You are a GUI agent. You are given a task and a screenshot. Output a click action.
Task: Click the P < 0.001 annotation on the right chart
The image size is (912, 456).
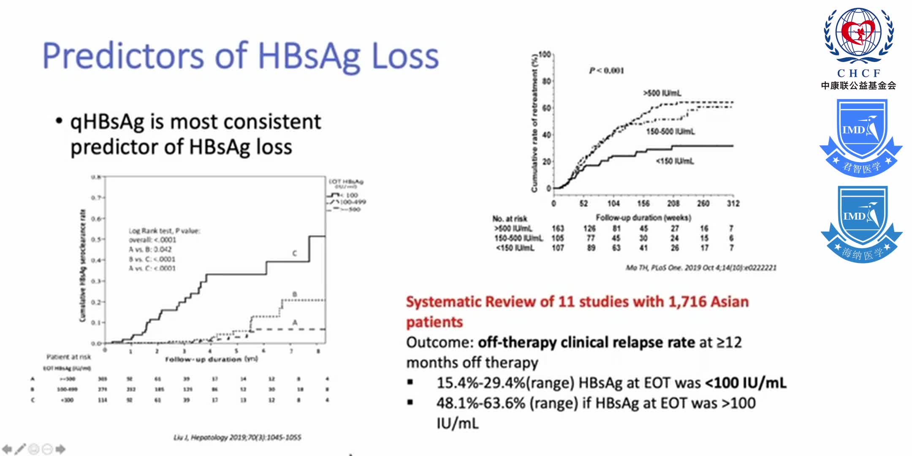[606, 71]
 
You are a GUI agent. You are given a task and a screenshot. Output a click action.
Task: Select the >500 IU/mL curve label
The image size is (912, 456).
[662, 93]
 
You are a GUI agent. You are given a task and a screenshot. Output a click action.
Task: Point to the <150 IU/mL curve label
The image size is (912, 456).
[675, 161]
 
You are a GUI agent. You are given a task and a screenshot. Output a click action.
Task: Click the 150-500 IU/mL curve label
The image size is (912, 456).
[670, 132]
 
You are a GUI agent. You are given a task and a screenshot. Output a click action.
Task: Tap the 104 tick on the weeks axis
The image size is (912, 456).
[613, 204]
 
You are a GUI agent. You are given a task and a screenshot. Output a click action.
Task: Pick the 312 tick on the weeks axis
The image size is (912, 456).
[733, 204]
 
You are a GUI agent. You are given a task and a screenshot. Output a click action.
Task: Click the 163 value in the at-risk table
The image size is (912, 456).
[558, 228]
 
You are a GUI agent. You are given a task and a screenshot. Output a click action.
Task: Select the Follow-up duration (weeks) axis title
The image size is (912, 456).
[643, 218]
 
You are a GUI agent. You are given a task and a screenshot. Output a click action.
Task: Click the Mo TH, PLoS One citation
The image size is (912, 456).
[701, 268]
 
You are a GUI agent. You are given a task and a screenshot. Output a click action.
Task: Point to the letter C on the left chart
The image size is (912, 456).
[295, 253]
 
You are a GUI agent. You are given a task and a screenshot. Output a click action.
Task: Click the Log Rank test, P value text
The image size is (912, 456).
[164, 231]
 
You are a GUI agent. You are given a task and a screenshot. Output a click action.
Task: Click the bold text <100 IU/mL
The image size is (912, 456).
[746, 383]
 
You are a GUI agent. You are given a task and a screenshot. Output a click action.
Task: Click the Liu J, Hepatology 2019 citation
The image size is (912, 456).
[237, 437]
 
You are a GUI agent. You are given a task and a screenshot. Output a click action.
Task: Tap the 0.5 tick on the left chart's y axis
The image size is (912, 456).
[97, 239]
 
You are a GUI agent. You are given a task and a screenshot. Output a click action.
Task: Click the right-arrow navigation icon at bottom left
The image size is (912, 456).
[60, 449]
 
